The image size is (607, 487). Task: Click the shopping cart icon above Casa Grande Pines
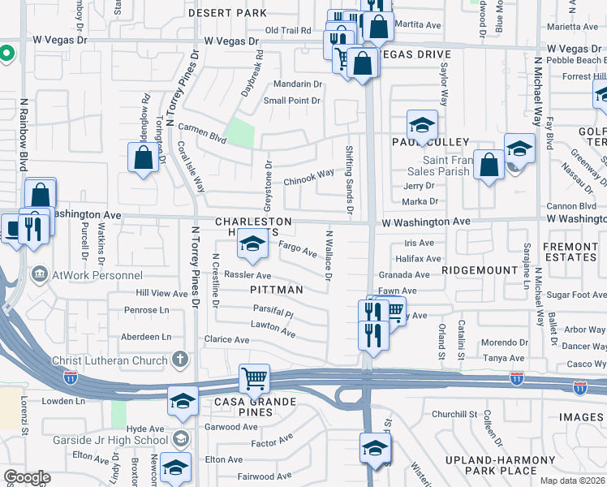tap(255, 377)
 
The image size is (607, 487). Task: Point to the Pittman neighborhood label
tap(277, 290)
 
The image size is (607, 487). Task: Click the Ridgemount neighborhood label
tap(480, 269)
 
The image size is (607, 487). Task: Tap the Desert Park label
tap(227, 14)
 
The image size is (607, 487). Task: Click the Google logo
tap(27, 477)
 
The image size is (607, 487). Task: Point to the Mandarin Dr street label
tap(298, 84)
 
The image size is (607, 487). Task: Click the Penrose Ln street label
tap(146, 310)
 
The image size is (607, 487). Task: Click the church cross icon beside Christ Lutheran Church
tap(181, 360)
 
